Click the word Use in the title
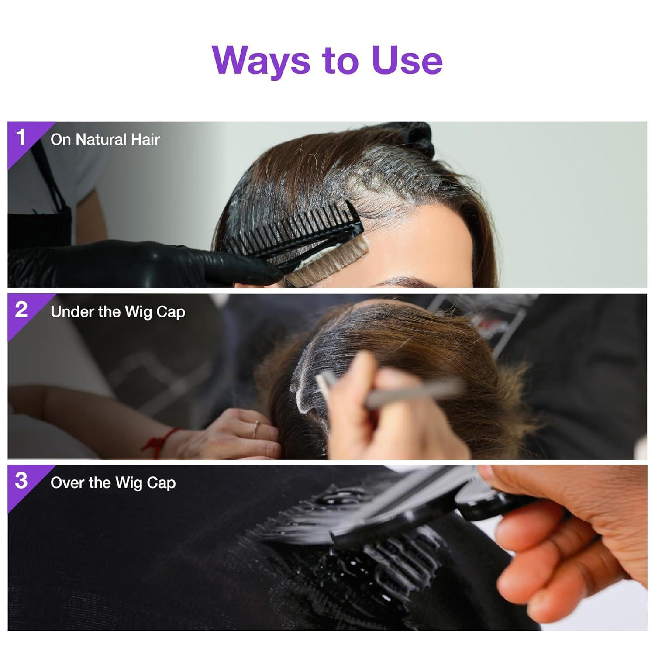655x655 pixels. (407, 60)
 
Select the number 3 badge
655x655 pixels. (21, 481)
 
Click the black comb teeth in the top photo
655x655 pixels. (288, 231)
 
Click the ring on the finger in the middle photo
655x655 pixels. (255, 429)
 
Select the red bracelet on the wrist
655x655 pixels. (162, 442)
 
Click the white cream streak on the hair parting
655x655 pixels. (306, 384)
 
